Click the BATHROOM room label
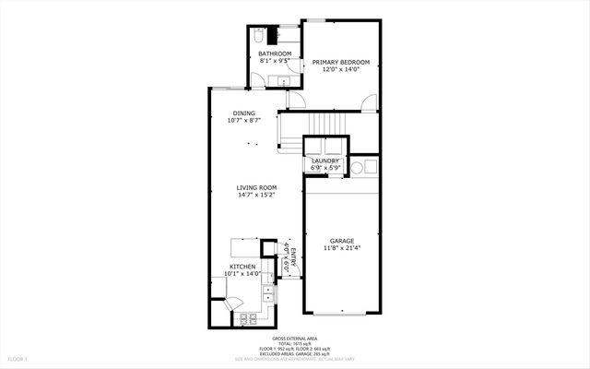275,54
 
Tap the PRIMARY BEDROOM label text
340,62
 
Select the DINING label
243,113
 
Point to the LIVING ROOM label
256,187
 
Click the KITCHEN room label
242,266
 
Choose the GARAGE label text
342,241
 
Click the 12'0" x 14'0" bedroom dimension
340,69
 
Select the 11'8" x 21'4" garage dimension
342,248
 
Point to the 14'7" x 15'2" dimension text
256,195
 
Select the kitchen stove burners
248,319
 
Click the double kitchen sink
268,294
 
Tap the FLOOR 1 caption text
18,358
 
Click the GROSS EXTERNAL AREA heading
295,339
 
